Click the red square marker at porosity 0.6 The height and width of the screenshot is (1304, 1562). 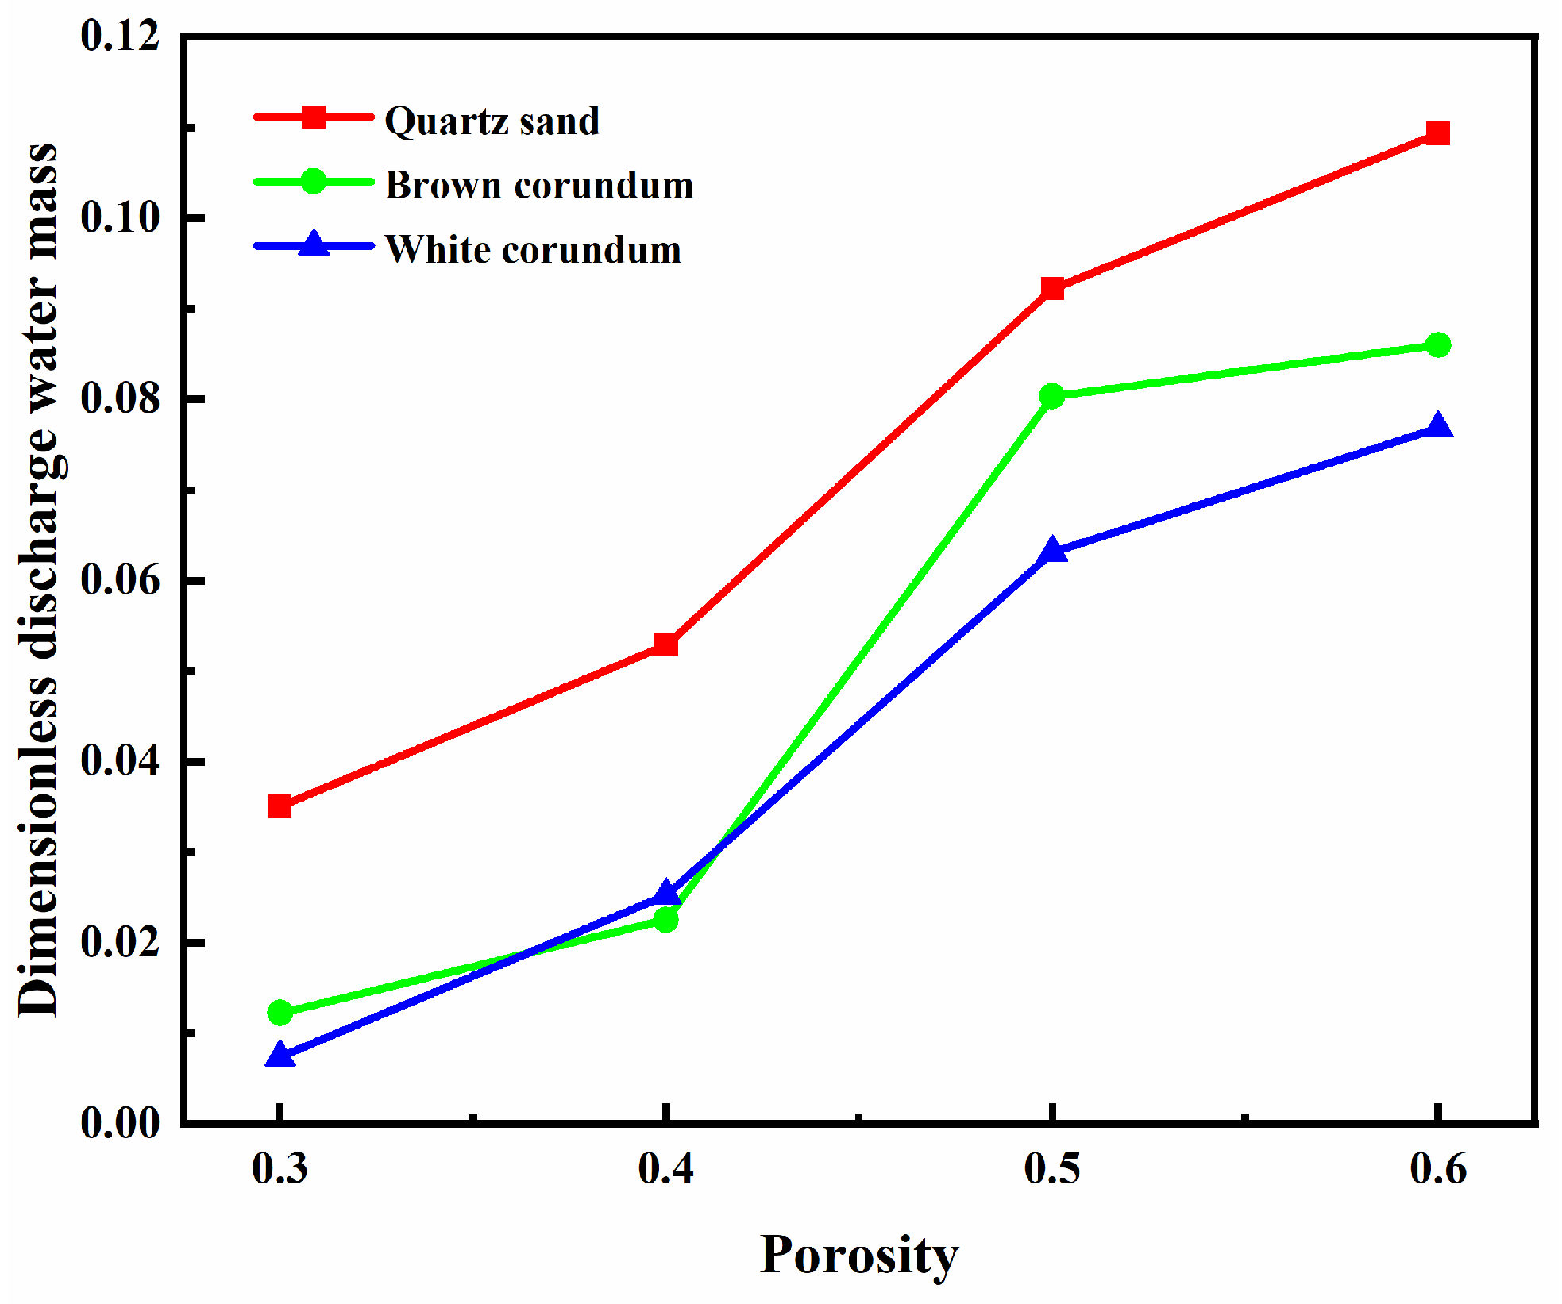point(1437,133)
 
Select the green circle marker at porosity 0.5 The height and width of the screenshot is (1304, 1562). point(1052,395)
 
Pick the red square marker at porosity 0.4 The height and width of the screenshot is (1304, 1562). point(665,644)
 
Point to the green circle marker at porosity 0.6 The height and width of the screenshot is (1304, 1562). point(1437,345)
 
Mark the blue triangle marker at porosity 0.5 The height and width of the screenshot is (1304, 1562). point(1052,550)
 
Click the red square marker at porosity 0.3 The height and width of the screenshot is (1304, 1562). point(280,806)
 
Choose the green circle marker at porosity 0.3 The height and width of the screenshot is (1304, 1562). point(280,1012)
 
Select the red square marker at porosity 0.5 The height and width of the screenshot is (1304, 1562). point(1052,287)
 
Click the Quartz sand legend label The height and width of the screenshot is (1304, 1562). point(492,121)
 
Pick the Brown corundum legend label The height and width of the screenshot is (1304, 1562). point(539,186)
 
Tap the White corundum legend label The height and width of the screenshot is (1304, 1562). point(533,250)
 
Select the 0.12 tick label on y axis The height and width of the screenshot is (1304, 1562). point(120,37)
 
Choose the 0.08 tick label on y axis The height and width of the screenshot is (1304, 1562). point(120,398)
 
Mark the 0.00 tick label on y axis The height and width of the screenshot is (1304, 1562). point(120,1123)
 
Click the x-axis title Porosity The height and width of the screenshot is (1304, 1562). point(859,1256)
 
